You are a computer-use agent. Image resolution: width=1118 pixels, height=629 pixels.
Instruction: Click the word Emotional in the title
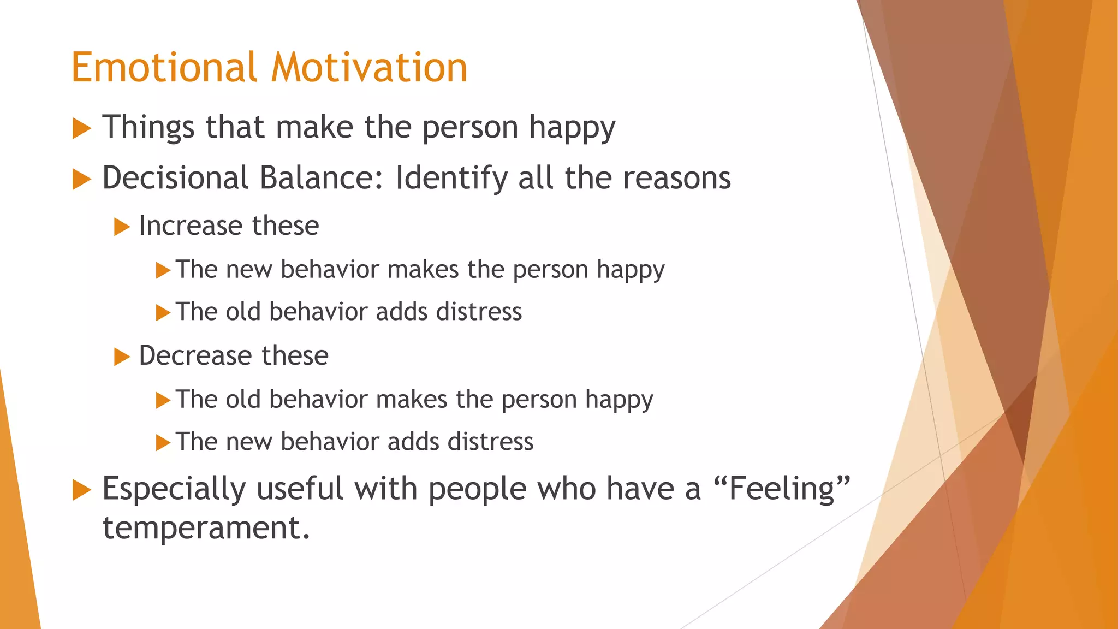pos(164,68)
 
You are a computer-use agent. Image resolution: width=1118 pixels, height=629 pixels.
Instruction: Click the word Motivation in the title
pos(370,68)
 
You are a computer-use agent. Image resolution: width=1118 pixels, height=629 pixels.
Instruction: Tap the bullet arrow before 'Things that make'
pos(81,129)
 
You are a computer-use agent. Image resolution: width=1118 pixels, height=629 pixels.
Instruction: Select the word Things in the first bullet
pos(148,128)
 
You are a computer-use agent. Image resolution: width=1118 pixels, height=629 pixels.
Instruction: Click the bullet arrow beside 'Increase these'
pos(122,227)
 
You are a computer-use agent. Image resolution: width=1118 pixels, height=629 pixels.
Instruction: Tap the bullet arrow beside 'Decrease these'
pos(122,357)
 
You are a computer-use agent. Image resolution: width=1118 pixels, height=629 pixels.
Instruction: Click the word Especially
pos(174,489)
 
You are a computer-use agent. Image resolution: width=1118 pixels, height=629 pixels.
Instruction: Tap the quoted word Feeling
pos(782,489)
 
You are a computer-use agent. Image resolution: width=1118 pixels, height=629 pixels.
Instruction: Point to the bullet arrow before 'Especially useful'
pos(81,490)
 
